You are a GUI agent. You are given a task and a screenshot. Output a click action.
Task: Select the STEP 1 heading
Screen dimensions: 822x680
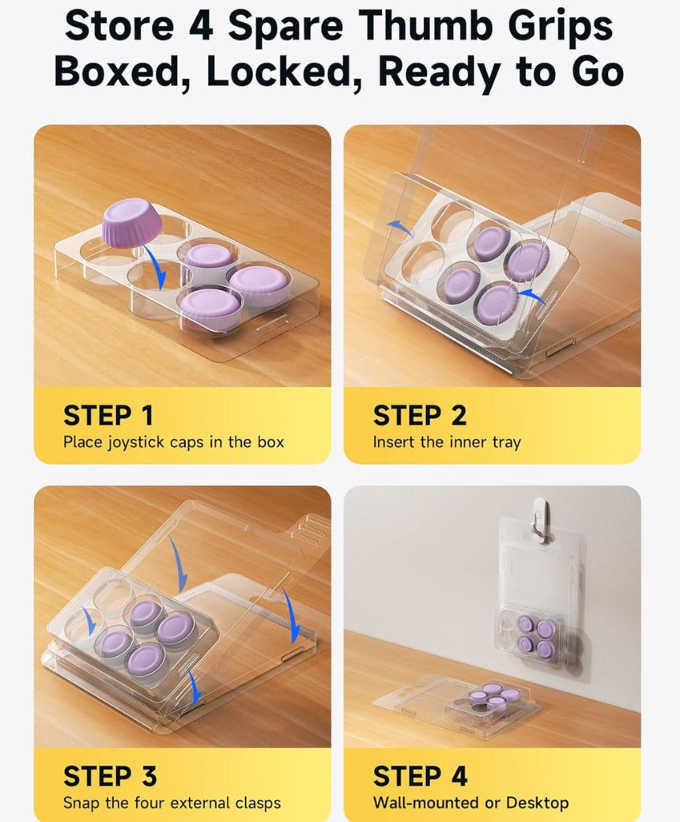click(108, 415)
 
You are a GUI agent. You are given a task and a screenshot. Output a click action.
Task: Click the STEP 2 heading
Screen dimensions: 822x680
click(419, 415)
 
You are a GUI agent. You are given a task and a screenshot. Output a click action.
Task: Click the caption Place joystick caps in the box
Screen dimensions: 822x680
click(173, 442)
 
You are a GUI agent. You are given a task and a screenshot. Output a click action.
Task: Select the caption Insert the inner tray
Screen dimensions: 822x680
click(447, 442)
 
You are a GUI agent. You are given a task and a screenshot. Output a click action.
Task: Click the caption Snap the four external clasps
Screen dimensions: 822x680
click(172, 802)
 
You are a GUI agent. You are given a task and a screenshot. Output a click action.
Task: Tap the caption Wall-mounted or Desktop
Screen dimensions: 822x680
click(470, 802)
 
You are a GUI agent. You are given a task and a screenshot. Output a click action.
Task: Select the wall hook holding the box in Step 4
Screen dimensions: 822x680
click(539, 518)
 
